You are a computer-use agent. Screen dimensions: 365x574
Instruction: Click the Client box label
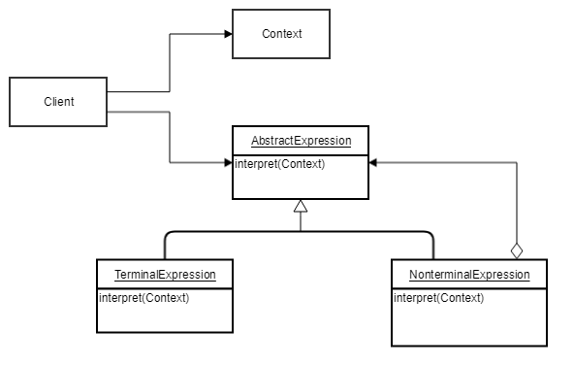58,102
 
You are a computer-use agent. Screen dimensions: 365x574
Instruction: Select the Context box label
281,34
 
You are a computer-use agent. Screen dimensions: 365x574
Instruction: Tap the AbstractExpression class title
301,141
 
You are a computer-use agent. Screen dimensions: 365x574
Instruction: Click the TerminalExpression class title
164,275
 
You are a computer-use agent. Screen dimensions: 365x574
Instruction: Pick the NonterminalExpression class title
469,275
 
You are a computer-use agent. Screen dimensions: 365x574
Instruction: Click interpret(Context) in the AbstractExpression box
279,164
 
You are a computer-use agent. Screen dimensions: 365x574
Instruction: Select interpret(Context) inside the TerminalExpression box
143,298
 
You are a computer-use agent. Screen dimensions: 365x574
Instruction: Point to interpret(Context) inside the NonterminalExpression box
438,298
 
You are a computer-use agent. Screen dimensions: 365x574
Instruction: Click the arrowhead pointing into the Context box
228,34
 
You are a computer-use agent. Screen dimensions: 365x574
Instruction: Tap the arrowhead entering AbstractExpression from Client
228,163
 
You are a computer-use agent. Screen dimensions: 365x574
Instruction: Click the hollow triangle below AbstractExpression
301,206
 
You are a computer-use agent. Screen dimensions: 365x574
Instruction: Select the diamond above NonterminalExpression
517,249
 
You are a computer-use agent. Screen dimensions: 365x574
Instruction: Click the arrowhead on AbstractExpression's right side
373,163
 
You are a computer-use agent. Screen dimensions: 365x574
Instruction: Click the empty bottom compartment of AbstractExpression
301,186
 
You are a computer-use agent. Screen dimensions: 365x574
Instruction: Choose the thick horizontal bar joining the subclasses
301,232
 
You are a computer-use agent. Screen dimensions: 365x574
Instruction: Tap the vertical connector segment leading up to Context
171,63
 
